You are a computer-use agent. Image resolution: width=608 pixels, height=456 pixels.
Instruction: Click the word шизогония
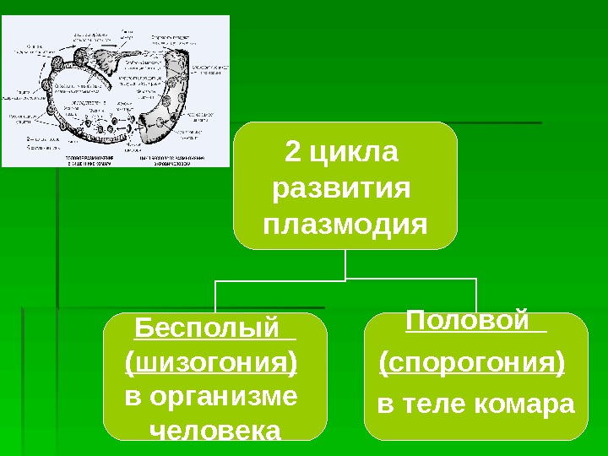[210, 363]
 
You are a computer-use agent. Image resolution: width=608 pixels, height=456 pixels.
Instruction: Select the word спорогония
[472, 365]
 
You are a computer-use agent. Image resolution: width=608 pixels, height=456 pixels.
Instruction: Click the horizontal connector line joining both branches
[345, 280]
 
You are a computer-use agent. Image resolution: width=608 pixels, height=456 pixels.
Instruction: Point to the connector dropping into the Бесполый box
[216, 296]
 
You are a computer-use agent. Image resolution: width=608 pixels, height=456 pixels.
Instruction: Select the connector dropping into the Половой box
[477, 296]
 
